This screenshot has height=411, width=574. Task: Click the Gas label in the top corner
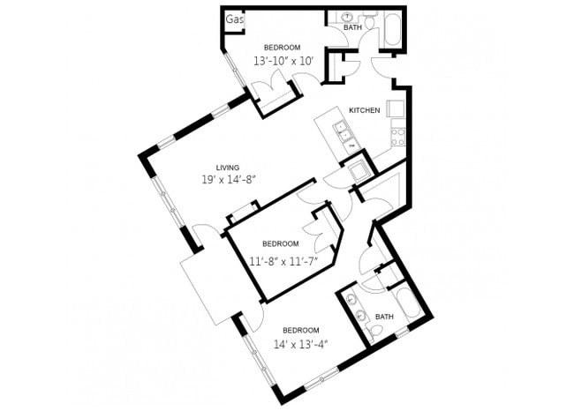[234, 19]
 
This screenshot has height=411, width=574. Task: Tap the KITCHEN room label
[364, 110]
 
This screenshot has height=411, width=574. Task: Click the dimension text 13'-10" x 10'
[283, 62]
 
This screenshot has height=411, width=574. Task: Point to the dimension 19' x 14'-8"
[230, 181]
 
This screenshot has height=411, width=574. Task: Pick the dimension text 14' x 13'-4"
[300, 344]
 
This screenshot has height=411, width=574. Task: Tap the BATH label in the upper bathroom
[352, 28]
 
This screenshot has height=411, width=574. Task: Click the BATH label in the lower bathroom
[384, 316]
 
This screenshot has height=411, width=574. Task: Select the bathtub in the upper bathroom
[393, 27]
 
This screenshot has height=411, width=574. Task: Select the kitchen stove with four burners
[397, 136]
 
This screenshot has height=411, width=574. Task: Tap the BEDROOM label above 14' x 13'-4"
[300, 330]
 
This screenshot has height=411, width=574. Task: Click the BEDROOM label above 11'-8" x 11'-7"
[281, 244]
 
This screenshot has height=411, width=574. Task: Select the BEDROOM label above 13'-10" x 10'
[283, 47]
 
